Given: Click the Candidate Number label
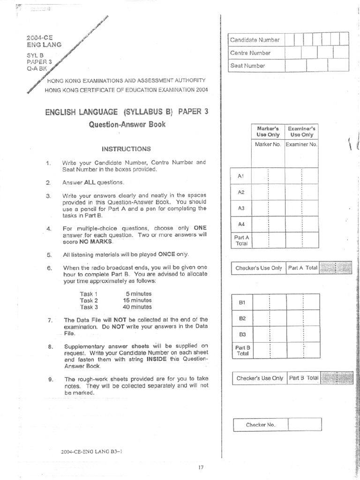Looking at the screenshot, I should [255, 40].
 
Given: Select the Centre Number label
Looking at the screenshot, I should [250, 53].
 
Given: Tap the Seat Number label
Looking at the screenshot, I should [247, 66].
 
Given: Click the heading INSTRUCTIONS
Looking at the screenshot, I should [126, 149].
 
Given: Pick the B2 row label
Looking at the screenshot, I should [242, 319].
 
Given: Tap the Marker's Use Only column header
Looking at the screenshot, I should [268, 131].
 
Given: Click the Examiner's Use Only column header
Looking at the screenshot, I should [301, 131].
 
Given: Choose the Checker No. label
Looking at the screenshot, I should [261, 425].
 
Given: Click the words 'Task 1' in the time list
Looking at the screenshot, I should [89, 294].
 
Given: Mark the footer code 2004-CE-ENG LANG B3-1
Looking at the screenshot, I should [92, 452].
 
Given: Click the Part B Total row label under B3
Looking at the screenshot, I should [242, 350].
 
